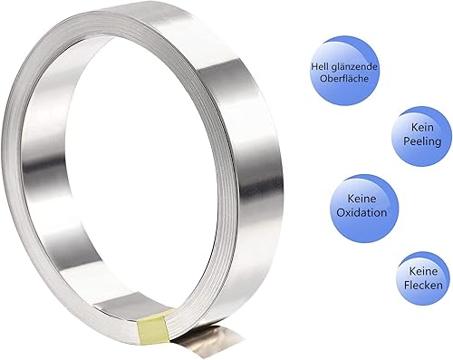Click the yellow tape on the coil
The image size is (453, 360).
(152, 327)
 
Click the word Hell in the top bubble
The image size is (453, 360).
(319, 66)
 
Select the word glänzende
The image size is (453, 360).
(352, 67)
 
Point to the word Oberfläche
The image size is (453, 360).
(344, 79)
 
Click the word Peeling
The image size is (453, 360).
(422, 141)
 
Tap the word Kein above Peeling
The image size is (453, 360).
(422, 127)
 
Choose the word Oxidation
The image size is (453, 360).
(361, 212)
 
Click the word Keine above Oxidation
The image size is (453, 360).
(361, 199)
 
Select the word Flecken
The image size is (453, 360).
(423, 285)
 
